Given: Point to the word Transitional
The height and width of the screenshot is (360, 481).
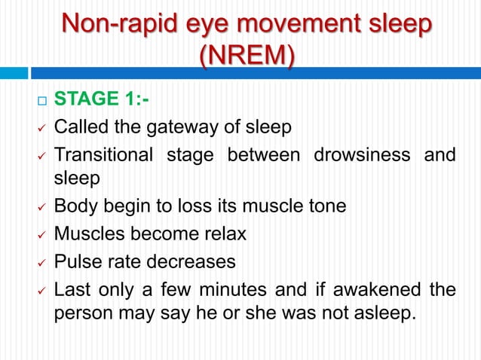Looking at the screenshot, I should tap(103, 156).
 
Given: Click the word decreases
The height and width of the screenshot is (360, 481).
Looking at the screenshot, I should tap(194, 261).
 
